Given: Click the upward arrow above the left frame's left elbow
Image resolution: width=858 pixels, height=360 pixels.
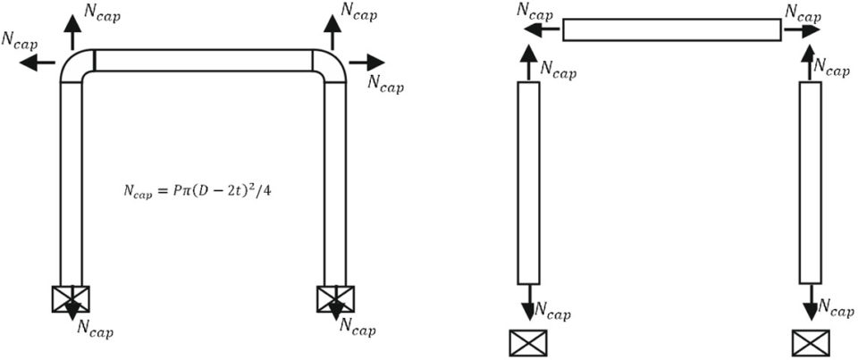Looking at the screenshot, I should click(x=71, y=33).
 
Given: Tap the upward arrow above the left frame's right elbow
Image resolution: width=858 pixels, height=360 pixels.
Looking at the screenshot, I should click(x=332, y=33).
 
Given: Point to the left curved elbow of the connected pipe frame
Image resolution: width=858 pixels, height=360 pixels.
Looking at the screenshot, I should click(x=75, y=66).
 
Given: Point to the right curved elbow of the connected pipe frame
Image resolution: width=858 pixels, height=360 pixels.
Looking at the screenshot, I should click(x=329, y=66).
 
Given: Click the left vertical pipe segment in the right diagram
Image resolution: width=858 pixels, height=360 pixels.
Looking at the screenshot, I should click(x=528, y=182).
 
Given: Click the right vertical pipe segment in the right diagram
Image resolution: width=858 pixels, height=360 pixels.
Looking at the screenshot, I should click(x=810, y=182).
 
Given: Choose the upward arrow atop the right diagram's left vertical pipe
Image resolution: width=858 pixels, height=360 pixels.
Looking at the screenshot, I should click(x=528, y=63).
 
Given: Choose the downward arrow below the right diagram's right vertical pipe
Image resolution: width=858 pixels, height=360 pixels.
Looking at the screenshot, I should click(x=810, y=303).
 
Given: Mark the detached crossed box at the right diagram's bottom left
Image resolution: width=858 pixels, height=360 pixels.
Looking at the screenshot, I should click(x=527, y=343).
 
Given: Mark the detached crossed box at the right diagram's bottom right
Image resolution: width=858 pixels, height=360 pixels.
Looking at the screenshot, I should click(x=811, y=343).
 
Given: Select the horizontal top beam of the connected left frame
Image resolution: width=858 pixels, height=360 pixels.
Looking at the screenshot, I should click(x=203, y=60).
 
